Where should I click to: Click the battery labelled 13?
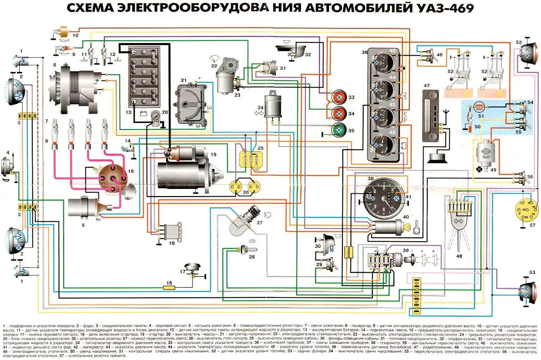pos(144,77)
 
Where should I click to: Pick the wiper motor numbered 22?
pos(227,75)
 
